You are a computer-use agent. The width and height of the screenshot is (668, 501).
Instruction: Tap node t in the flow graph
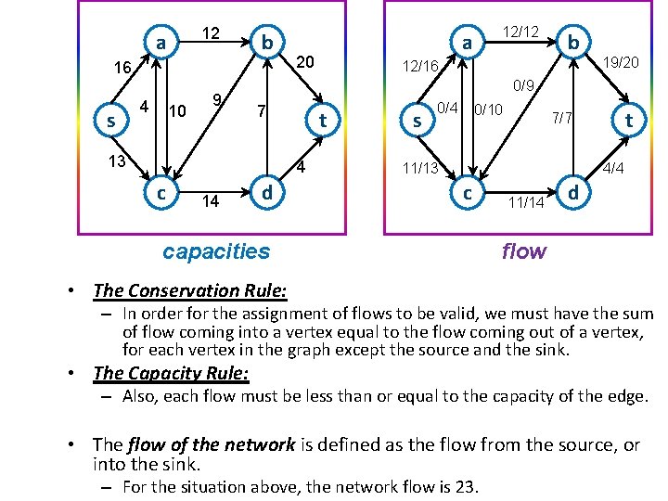point(628,120)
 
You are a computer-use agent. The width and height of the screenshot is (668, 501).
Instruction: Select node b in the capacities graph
point(266,43)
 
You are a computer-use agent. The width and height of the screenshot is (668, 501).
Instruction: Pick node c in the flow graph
point(467,193)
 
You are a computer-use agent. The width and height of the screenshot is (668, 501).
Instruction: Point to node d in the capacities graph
point(266,193)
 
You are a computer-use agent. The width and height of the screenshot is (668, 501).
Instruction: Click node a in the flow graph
point(468,43)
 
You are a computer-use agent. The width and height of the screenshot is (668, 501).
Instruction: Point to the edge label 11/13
point(421,168)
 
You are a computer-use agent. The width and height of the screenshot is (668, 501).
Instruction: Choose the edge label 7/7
point(563,118)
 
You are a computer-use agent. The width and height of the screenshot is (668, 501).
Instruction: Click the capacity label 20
point(305,61)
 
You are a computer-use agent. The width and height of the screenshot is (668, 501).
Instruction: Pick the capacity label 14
point(210,200)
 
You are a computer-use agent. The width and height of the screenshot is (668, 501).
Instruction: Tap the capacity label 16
point(122,68)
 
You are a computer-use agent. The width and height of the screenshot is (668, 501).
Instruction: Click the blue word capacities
point(216,250)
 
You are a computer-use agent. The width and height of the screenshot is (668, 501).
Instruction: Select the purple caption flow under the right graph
point(524,250)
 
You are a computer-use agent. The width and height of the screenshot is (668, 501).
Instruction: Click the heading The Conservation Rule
point(190,290)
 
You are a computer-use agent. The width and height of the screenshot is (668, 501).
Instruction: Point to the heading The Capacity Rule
point(172,373)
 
